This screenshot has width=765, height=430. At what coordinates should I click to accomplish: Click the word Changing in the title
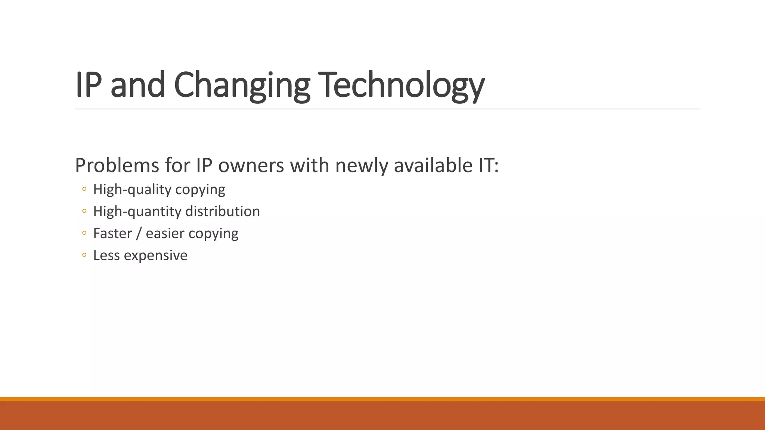pyautogui.click(x=242, y=85)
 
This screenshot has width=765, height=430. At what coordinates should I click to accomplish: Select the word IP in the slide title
pyautogui.click(x=88, y=85)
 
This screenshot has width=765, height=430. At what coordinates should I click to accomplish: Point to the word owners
pyautogui.click(x=251, y=165)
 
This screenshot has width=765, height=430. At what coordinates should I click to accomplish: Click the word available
pyautogui.click(x=433, y=165)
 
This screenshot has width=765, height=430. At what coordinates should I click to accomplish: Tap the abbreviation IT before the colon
pyautogui.click(x=486, y=165)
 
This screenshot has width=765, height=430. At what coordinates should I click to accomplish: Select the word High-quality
pyautogui.click(x=132, y=190)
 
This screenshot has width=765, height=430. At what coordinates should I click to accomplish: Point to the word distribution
pyautogui.click(x=223, y=212)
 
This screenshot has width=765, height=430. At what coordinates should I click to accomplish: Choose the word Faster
pyautogui.click(x=112, y=234)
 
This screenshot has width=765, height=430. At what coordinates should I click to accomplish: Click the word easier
pyautogui.click(x=165, y=234)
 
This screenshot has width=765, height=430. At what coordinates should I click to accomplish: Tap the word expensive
pyautogui.click(x=155, y=256)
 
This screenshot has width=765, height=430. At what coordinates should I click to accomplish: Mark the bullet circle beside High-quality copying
pyautogui.click(x=84, y=189)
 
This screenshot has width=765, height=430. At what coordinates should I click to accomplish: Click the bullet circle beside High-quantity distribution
pyautogui.click(x=84, y=211)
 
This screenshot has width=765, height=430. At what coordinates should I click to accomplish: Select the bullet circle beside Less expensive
pyautogui.click(x=84, y=255)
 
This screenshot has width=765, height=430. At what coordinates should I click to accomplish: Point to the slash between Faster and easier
pyautogui.click(x=139, y=234)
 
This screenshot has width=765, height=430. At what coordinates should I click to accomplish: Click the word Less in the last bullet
pyautogui.click(x=106, y=256)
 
